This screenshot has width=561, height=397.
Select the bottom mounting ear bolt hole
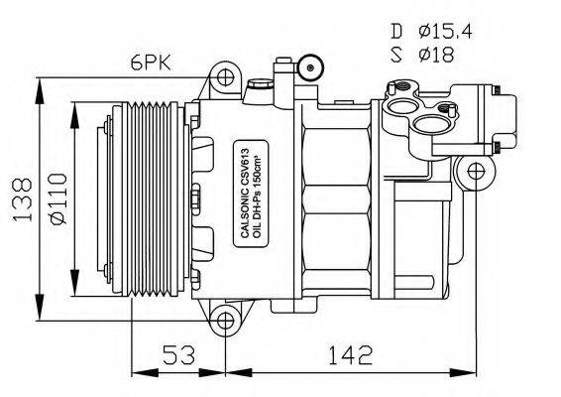click(226, 321)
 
